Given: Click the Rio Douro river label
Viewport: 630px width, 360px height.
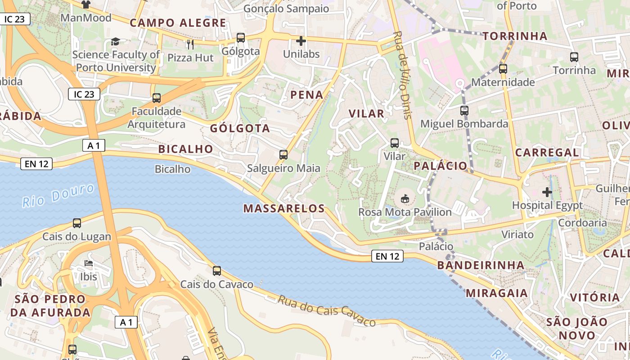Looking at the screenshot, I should coord(58,195).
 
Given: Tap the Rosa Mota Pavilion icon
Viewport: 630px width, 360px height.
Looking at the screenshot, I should coord(405,198).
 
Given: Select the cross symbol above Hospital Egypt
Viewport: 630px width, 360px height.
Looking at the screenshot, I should coord(547,193).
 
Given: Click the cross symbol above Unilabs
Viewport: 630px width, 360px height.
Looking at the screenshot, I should coord(301,41).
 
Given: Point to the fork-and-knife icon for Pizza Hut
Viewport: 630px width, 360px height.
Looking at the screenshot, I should coord(190,44).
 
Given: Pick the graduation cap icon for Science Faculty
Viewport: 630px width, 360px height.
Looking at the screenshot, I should coord(116,42).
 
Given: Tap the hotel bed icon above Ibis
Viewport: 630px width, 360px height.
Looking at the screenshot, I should coord(89,263).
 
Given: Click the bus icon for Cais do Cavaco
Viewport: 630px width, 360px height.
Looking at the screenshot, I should coord(217,270).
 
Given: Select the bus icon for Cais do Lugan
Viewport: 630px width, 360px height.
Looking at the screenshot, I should coord(77,223).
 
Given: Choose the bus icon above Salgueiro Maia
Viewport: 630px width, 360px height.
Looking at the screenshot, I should coord(283,155).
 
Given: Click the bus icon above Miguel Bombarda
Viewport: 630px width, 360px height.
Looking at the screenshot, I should coord(464,110).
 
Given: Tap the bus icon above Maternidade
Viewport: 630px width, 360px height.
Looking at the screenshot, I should coord(503,69).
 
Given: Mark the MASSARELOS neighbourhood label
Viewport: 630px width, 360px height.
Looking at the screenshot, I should coord(284,208).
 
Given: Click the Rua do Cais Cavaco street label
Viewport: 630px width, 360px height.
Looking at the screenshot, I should coord(326,310).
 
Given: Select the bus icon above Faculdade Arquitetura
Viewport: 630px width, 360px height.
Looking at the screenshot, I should coord(157,98).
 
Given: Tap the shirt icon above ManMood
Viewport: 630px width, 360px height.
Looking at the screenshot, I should coord(86,4).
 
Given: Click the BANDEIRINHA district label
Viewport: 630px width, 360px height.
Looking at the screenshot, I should coord(481,265).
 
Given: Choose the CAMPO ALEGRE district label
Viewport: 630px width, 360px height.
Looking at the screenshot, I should coord(178,23).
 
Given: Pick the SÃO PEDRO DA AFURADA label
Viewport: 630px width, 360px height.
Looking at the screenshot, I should coord(50,306).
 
